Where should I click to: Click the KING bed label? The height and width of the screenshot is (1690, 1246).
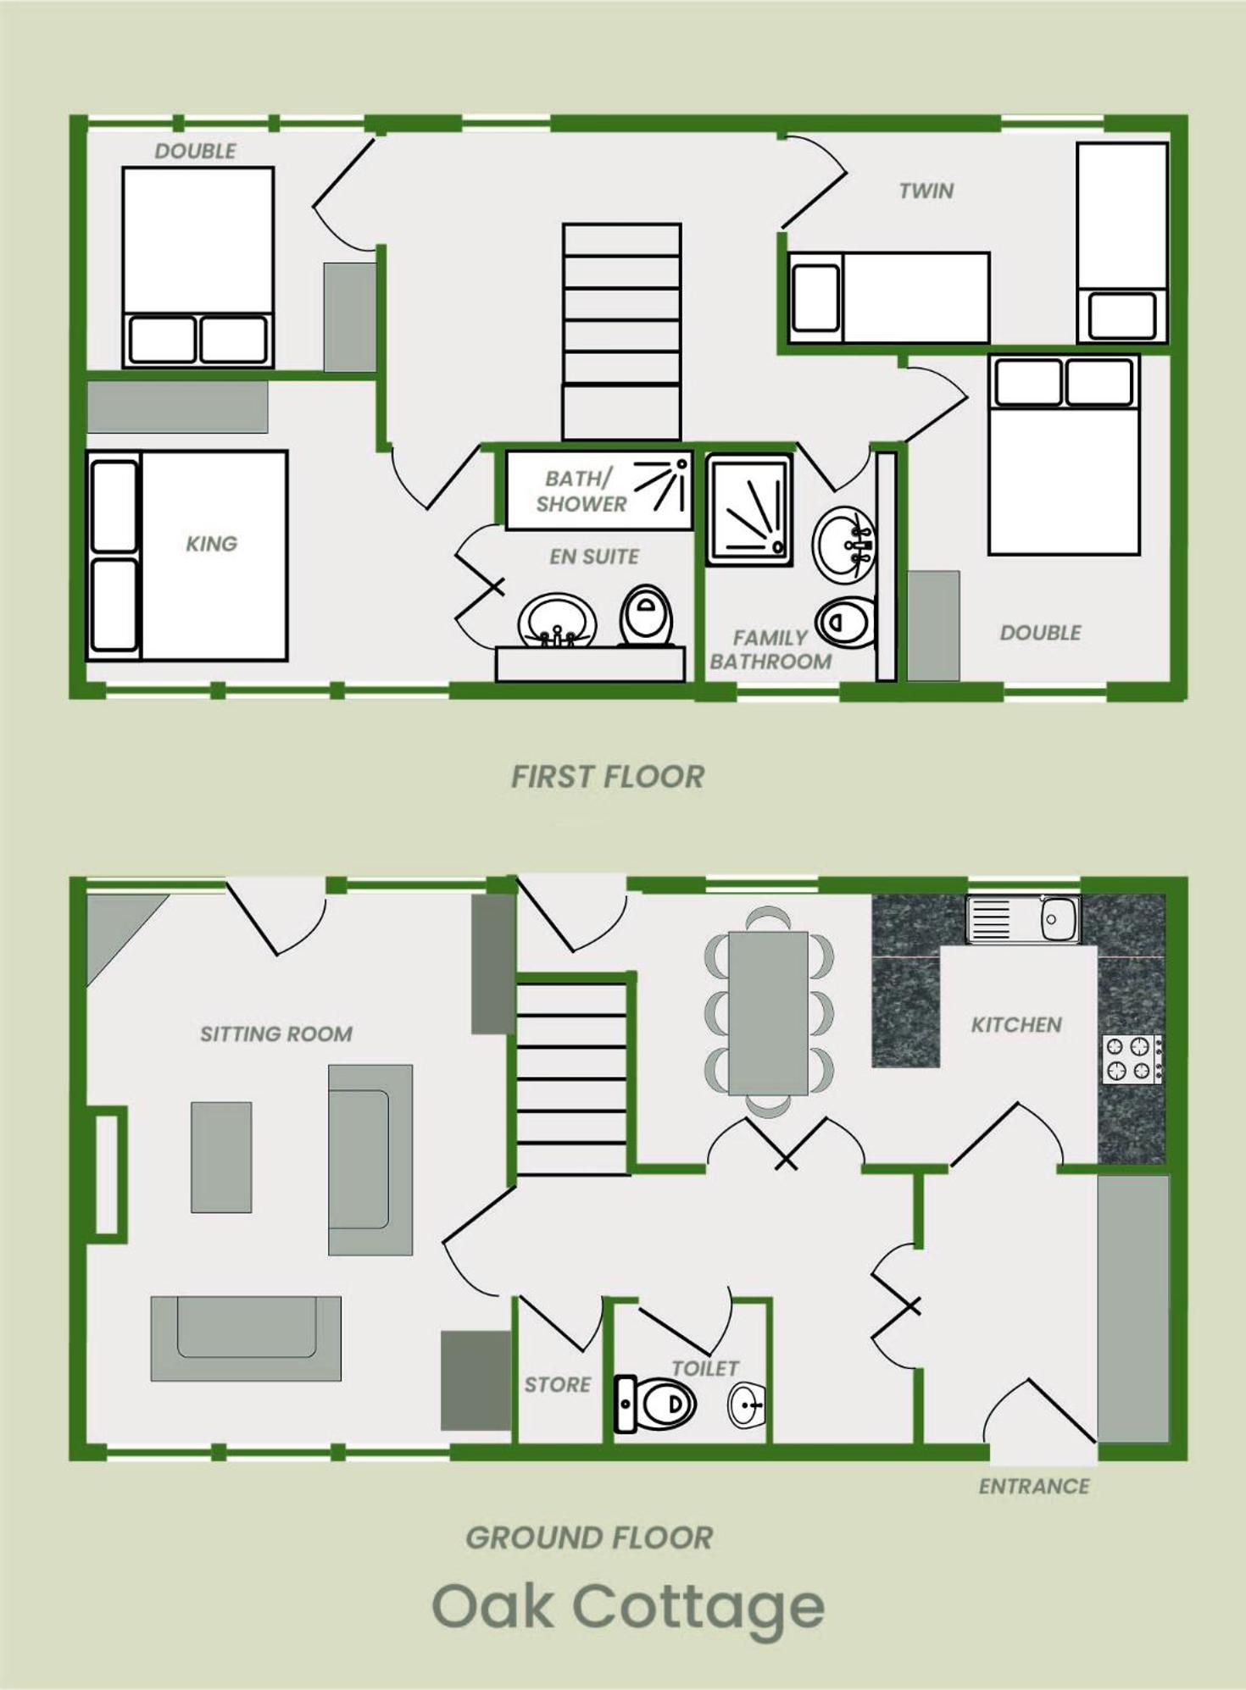click(x=211, y=544)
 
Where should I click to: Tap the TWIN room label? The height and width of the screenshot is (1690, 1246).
click(x=926, y=191)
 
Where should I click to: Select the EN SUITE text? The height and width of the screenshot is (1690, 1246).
click(x=594, y=557)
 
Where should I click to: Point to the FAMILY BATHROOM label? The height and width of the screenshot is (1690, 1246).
click(x=770, y=650)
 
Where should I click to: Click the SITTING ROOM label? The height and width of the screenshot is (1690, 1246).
click(x=276, y=1034)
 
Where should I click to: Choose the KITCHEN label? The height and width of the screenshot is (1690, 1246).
click(x=1016, y=1025)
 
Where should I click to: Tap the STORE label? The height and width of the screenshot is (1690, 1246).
click(x=557, y=1384)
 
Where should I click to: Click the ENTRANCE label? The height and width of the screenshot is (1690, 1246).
click(x=1034, y=1486)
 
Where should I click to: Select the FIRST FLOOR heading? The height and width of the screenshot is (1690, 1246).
click(x=608, y=777)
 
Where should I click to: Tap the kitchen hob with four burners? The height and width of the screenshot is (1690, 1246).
click(x=1132, y=1059)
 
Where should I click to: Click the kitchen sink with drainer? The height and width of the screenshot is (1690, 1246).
click(x=1024, y=919)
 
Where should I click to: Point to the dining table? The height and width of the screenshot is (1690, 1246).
click(x=768, y=1013)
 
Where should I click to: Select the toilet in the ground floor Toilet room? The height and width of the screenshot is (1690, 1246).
click(x=655, y=1404)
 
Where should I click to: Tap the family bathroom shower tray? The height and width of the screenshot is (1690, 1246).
click(x=749, y=510)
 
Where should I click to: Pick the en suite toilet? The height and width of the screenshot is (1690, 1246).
click(x=647, y=615)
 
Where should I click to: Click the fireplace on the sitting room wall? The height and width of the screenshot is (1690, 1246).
click(x=108, y=1173)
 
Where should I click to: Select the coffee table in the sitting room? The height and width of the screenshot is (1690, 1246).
click(x=221, y=1157)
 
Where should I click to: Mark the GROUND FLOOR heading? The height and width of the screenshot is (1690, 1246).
click(x=589, y=1538)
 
